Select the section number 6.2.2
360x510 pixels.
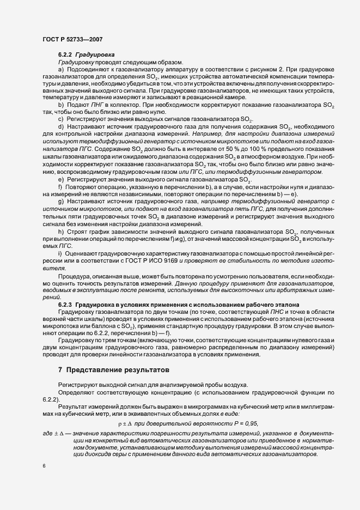click(65, 56)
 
